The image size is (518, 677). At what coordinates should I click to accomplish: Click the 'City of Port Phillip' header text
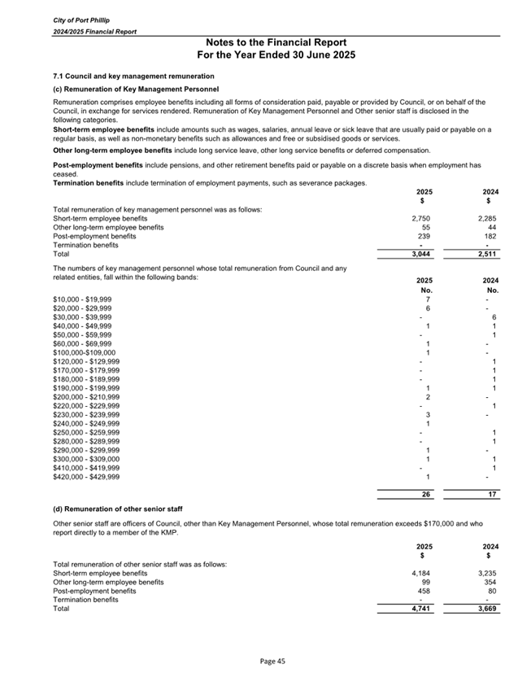pos(74,18)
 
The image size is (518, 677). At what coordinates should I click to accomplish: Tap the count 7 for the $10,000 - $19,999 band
pos(428,299)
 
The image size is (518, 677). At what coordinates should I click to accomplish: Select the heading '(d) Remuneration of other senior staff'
pos(117,509)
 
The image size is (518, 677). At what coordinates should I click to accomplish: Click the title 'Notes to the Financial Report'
pos(276,42)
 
